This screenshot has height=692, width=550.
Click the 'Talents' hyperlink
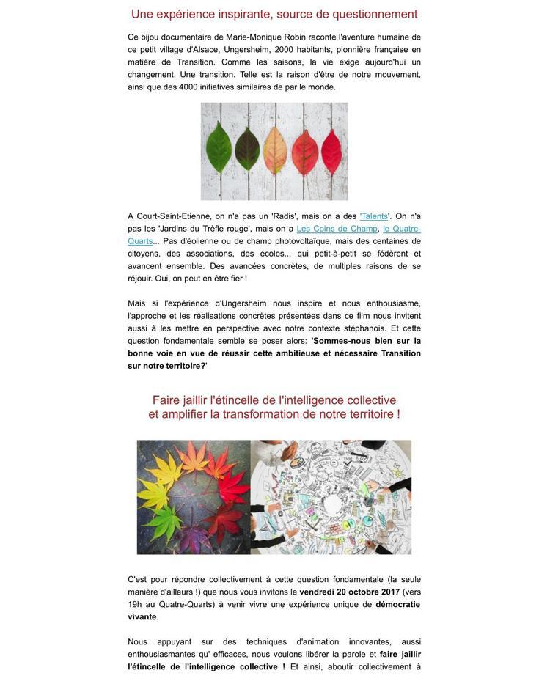tap(374, 216)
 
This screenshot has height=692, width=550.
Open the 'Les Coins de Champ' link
tap(337, 229)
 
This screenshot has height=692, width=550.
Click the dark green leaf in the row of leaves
tap(247, 150)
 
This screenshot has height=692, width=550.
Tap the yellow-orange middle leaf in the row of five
tap(274, 150)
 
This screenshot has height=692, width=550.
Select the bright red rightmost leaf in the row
tap(331, 150)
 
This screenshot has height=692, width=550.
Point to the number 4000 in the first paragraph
tap(188, 86)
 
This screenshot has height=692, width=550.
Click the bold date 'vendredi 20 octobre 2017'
tap(350, 592)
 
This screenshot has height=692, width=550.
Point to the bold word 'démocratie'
tap(397, 604)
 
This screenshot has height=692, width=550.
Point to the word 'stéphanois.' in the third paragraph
tap(362, 328)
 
